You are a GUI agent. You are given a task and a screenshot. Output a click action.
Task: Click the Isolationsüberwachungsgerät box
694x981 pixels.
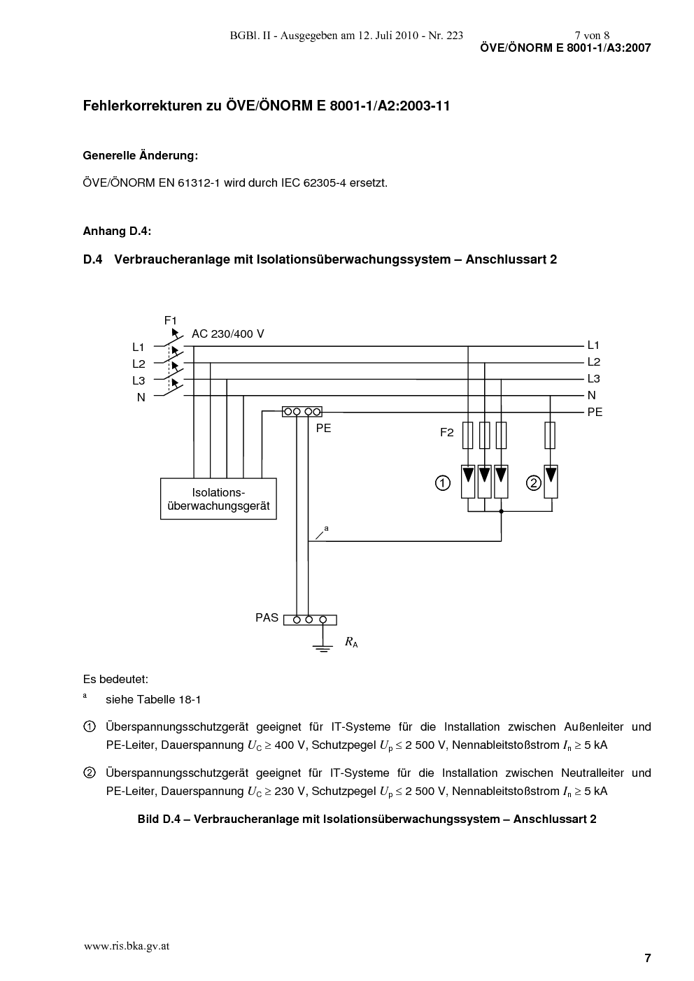click(218, 499)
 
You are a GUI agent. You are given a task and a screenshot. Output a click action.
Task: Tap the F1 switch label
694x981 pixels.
click(171, 320)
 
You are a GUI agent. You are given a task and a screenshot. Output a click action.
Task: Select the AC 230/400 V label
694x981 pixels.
click(228, 334)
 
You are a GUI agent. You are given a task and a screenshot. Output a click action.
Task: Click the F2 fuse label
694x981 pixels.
click(447, 433)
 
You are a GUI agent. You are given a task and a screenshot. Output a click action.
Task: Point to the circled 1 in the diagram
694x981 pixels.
click(443, 483)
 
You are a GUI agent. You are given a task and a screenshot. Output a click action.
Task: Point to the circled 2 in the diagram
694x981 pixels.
click(534, 483)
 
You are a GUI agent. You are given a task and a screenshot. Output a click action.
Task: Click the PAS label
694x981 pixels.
click(267, 618)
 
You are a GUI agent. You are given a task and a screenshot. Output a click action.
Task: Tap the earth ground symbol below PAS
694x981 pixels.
click(323, 648)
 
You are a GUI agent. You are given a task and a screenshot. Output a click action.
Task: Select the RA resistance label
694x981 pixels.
click(351, 643)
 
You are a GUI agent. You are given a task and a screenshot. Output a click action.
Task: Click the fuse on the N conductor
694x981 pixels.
click(550, 436)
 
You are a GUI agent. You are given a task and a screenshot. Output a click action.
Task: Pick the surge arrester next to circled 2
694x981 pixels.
click(551, 482)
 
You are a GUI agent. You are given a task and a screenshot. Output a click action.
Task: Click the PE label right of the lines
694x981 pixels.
click(595, 412)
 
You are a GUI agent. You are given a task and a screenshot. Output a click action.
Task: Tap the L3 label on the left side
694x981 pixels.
click(139, 380)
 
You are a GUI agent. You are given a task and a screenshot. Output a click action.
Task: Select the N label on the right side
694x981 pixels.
click(591, 396)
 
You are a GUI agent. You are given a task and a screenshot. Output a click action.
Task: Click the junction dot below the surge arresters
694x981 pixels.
click(501, 511)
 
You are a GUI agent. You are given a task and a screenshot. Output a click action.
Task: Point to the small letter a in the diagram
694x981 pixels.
click(327, 529)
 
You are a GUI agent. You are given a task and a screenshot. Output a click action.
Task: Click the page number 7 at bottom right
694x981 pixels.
click(648, 958)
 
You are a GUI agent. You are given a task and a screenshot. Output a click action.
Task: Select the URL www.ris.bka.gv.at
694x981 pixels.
click(127, 945)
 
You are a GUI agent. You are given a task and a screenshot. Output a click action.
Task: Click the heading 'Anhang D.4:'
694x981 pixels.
click(117, 231)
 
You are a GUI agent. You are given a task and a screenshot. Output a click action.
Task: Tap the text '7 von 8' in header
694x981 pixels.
click(592, 36)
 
